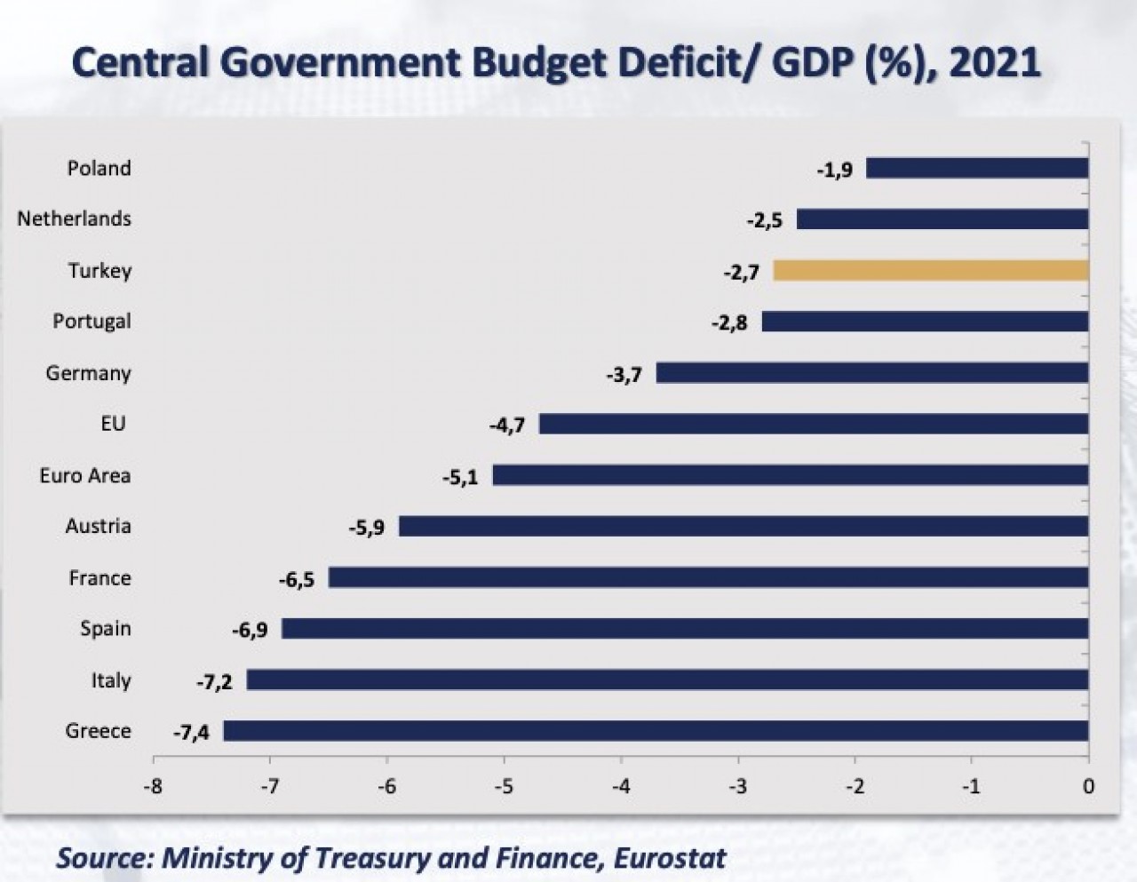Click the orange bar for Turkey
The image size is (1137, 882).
coord(931,271)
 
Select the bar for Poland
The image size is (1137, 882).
coord(977,168)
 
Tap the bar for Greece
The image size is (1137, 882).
coord(656,731)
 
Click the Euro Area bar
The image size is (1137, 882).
coord(791,475)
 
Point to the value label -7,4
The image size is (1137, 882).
coord(191,733)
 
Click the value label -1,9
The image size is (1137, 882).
coord(834,170)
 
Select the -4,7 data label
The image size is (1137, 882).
coord(506,425)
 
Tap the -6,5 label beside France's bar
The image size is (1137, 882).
coord(296,580)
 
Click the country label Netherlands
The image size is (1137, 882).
coord(74,219)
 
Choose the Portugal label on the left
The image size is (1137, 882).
coord(91,322)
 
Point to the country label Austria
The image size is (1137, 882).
coord(98,526)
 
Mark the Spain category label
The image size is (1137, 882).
coord(106,629)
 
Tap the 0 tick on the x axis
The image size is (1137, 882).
coord(1089,786)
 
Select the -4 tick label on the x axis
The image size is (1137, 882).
coord(621,786)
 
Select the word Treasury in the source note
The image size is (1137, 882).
coord(362,858)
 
